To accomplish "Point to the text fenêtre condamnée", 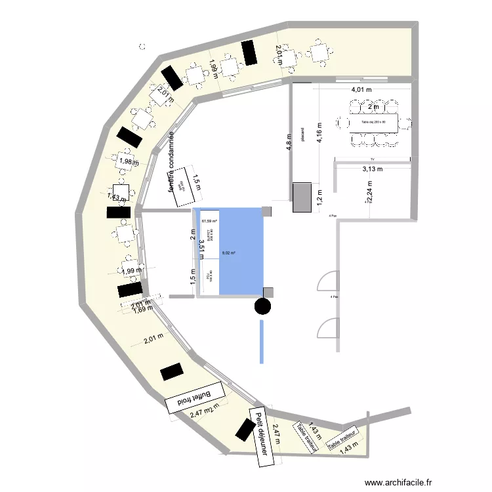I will pos(171,161).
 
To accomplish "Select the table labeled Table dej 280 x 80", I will pos(374,123).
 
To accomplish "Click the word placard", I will pos(302,134).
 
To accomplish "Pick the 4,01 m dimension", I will pos(361,89).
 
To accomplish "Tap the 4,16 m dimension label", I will pos(319,137).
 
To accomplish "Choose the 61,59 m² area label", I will pos(209,222).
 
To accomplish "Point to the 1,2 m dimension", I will pos(319,197).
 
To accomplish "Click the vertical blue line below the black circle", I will pos(262,341).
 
